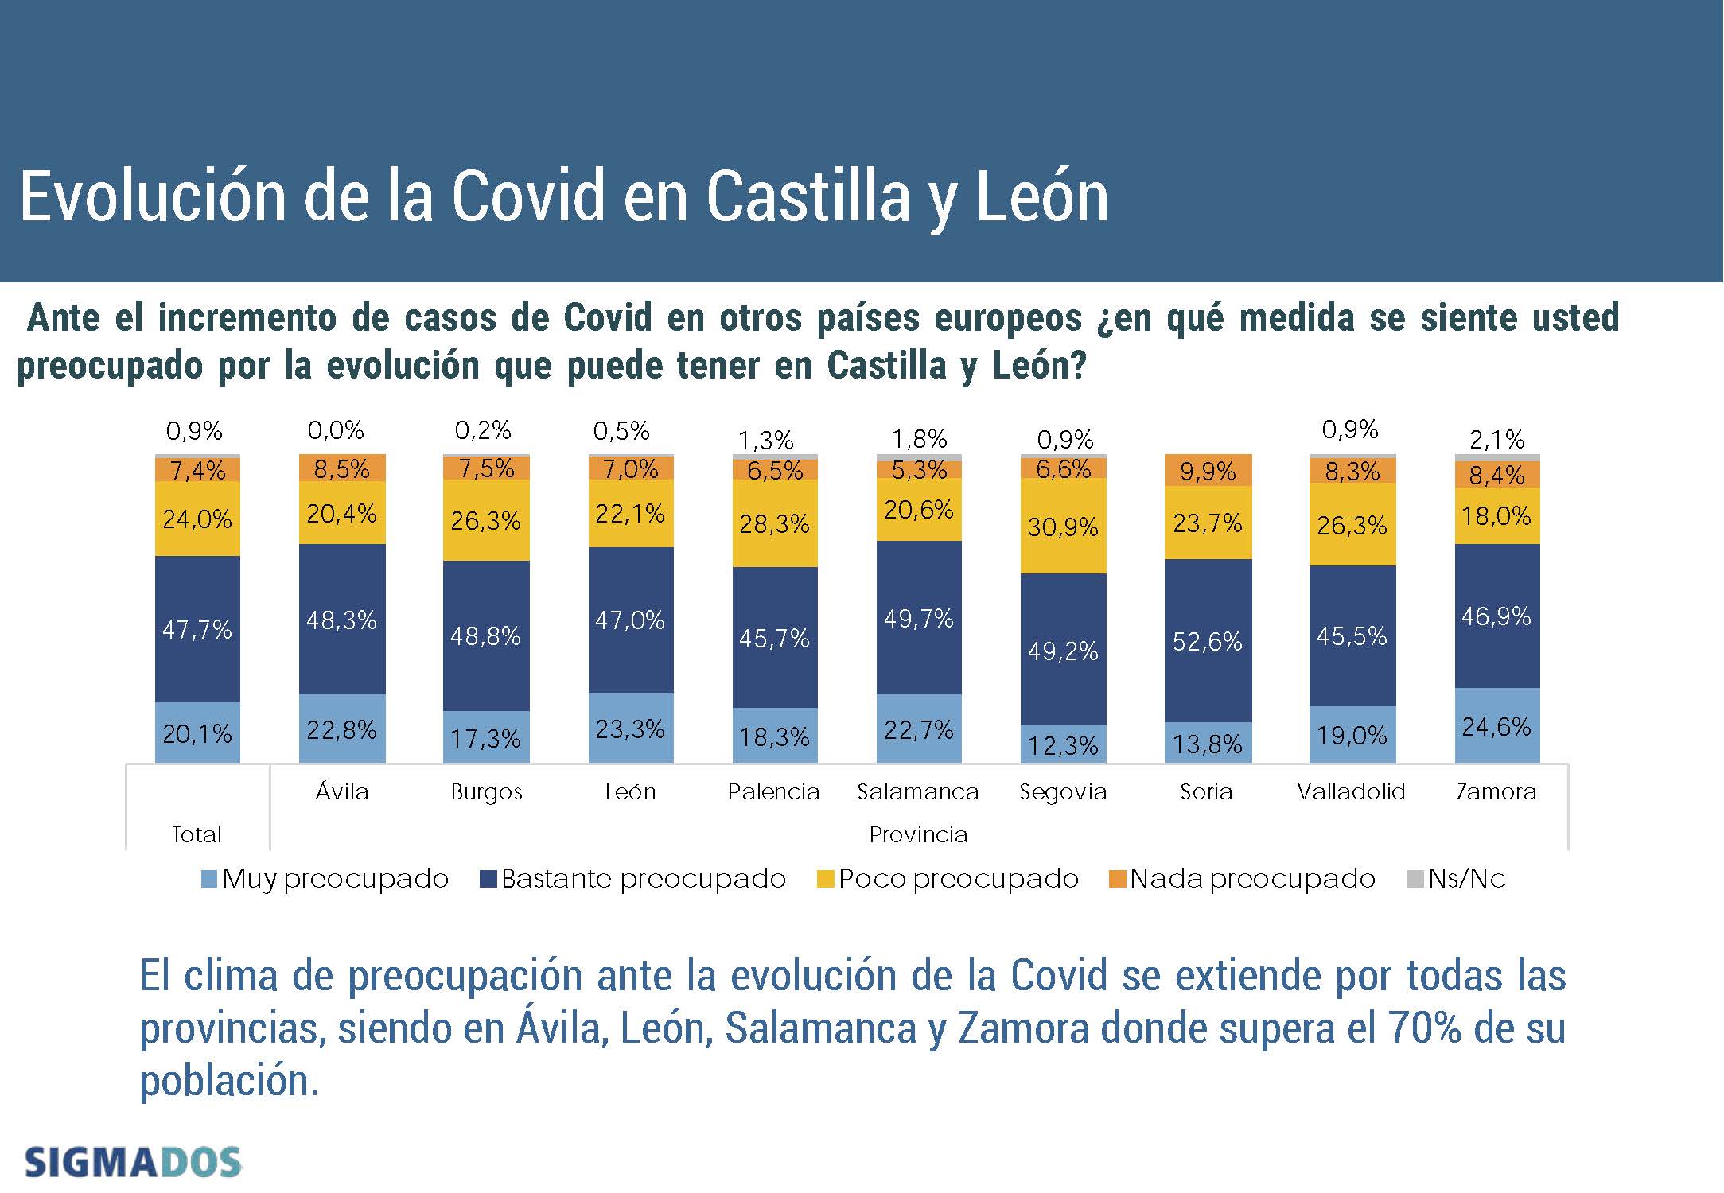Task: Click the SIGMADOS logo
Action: click(133, 1162)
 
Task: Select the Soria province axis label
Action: click(1206, 791)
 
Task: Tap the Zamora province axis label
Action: click(1496, 791)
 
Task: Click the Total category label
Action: click(197, 834)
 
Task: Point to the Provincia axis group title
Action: click(918, 834)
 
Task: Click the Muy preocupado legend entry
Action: click(325, 879)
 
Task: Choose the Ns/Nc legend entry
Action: click(1457, 879)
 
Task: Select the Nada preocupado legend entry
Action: click(1242, 879)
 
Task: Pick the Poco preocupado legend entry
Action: click(948, 879)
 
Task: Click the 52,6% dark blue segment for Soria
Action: click(1208, 641)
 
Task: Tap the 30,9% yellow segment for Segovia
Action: click(1063, 527)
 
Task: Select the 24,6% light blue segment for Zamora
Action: click(1496, 726)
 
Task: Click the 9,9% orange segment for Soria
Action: click(1208, 471)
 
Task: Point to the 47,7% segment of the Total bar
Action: click(197, 629)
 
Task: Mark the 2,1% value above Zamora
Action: click(1496, 439)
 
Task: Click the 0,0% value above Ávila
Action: click(336, 430)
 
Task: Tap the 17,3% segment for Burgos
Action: click(485, 738)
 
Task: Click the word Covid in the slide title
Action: click(528, 196)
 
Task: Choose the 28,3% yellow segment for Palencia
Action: click(774, 523)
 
